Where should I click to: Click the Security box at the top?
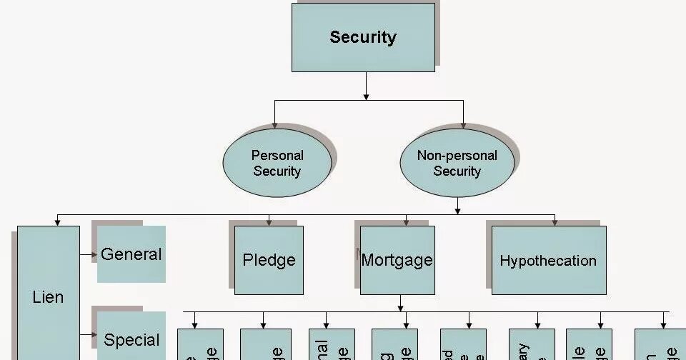pos(363,37)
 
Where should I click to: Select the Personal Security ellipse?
pos(277,163)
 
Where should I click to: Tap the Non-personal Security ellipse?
pos(457,163)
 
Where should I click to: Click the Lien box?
pos(48,296)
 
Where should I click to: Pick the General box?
pos(131,254)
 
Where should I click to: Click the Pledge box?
pos(269,260)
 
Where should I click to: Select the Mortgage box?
pos(397,260)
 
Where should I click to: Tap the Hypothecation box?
pos(549,260)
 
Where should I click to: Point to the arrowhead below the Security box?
pos(366,95)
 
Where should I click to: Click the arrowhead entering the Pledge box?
pos(268,222)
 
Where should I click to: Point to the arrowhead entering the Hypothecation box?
pos(554,222)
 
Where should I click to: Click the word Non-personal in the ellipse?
pos(457,155)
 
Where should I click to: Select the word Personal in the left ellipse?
pos(277,155)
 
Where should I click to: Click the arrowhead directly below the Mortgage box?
pos(399,306)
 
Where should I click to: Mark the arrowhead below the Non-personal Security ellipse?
pos(457,209)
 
